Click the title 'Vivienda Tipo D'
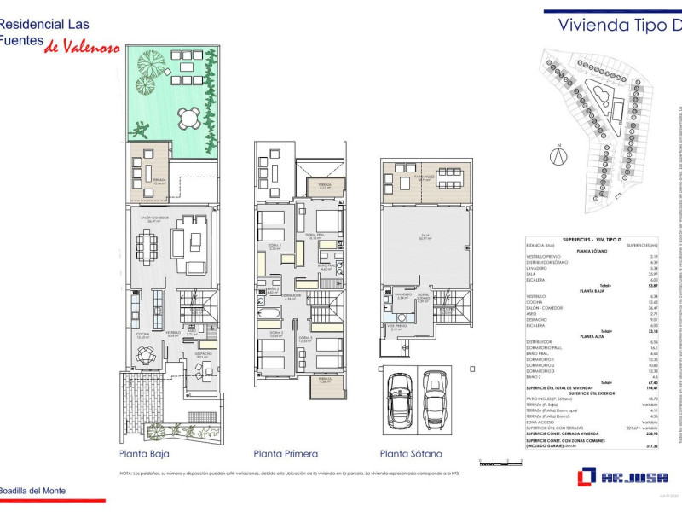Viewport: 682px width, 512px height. tap(619, 24)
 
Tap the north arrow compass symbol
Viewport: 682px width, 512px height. tap(558, 155)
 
